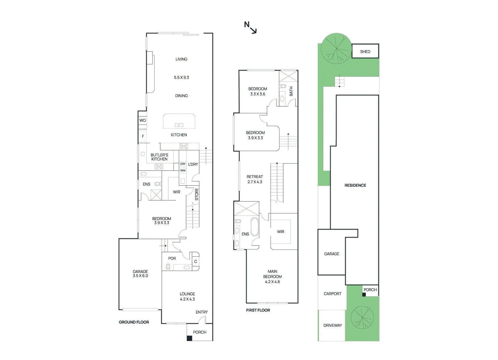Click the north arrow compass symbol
click(250, 27)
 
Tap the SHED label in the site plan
click(365, 52)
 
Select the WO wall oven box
click(143, 120)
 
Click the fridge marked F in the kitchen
click(143, 136)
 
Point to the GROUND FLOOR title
click(134, 322)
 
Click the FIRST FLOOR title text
click(258, 310)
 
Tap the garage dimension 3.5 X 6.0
click(140, 276)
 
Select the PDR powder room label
click(172, 258)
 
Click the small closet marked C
click(195, 261)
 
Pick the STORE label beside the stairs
click(196, 194)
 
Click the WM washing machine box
click(183, 170)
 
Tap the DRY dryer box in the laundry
click(183, 164)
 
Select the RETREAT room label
click(255, 176)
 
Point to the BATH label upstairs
click(291, 91)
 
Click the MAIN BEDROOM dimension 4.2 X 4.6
click(272, 282)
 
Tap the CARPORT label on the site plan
click(332, 293)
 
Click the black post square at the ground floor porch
click(189, 338)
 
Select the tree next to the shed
click(336, 49)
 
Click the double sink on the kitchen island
click(179, 125)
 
